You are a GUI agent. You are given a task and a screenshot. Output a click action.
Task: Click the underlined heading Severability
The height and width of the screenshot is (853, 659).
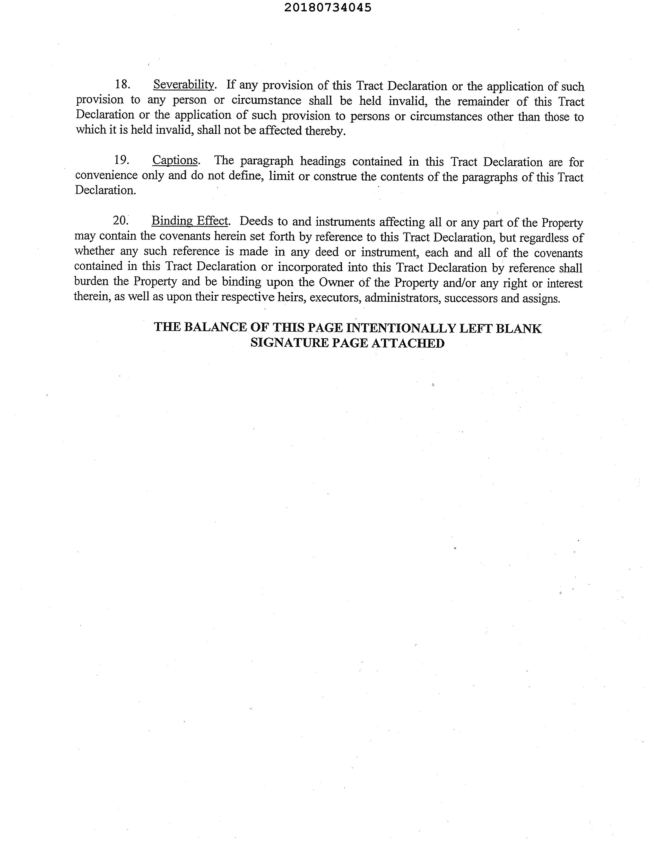click(184, 84)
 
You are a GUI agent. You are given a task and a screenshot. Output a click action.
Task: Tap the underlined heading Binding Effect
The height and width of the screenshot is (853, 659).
click(190, 221)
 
